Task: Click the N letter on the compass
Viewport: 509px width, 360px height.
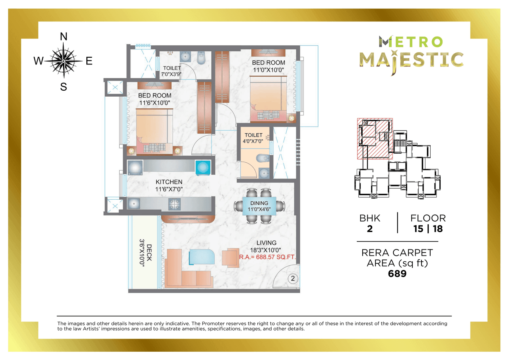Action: pos(63,37)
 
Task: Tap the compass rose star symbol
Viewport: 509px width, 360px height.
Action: pos(63,61)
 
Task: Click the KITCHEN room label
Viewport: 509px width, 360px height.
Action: pos(169,182)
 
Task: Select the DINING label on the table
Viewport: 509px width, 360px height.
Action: pos(259,203)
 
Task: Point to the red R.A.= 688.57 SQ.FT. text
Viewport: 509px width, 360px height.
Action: pos(268,257)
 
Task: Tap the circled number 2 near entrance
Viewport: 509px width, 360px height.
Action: pos(293,278)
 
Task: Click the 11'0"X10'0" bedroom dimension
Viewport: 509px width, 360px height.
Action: pos(268,70)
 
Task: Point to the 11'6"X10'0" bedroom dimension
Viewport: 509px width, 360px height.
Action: pos(155,103)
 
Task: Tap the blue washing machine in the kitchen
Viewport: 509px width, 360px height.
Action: pos(202,167)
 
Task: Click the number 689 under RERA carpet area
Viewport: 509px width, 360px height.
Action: pos(397,274)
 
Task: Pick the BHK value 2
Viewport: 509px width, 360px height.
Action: pos(370,229)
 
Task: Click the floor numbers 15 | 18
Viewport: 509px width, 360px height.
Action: pos(428,229)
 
